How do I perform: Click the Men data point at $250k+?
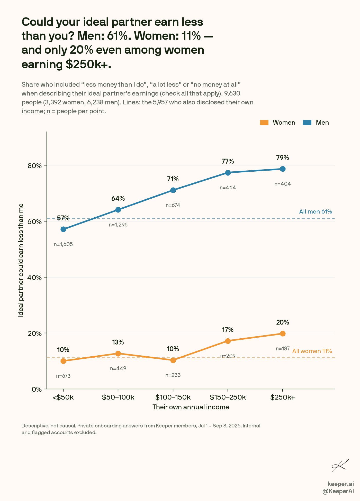point(283,169)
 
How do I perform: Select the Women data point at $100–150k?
point(173,360)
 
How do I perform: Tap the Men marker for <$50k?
point(63,229)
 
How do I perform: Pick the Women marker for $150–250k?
point(228,341)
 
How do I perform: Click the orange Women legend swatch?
point(264,123)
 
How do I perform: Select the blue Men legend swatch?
point(307,123)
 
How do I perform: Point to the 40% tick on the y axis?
point(35,277)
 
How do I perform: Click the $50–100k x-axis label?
point(118,397)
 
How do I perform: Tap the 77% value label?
point(228,161)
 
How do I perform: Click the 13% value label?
point(118,342)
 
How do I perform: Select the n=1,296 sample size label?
point(118,225)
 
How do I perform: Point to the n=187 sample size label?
point(283,349)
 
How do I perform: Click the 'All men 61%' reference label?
point(316,212)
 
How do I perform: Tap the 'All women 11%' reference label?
point(312,351)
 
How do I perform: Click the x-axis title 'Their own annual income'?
point(191,407)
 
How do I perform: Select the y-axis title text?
point(21,260)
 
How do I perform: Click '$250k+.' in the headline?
point(88,64)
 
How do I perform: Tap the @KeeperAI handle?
point(338,491)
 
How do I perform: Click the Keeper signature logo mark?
point(340,466)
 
